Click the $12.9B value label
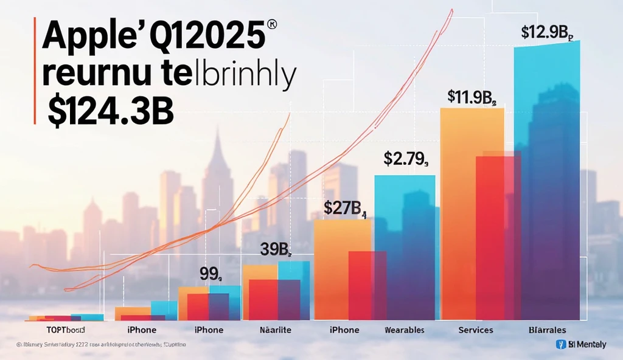548,33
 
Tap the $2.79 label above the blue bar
406,159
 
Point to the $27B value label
344,209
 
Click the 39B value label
276,250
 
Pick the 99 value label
211,275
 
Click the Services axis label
476,330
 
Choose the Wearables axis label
404,330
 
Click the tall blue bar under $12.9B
548,182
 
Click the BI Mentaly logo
581,344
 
